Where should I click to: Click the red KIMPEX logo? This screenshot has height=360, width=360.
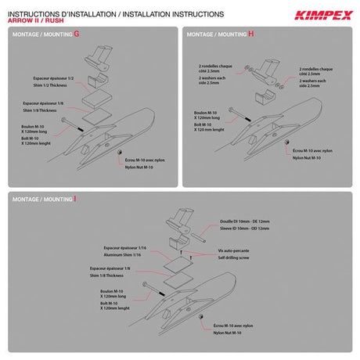pyautogui.click(x=322, y=13)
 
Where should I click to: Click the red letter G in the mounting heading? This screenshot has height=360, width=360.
pyautogui.click(x=77, y=34)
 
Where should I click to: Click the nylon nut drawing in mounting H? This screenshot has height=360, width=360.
pyautogui.click(x=289, y=139)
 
